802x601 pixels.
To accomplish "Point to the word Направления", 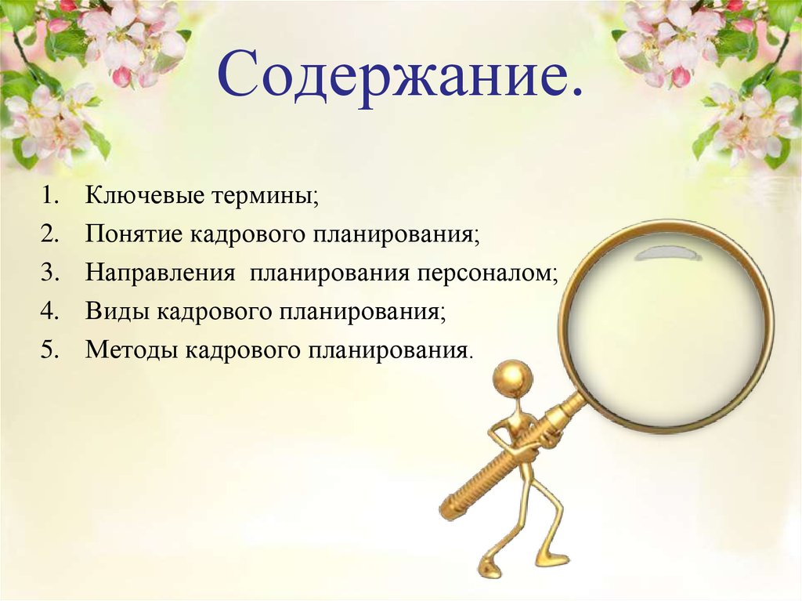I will pyautogui.click(x=161, y=273).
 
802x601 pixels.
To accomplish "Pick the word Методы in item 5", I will pyautogui.click(x=132, y=349).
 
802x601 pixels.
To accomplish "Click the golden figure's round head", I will pyautogui.click(x=514, y=379).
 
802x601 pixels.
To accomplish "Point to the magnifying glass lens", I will pyautogui.click(x=666, y=329).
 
